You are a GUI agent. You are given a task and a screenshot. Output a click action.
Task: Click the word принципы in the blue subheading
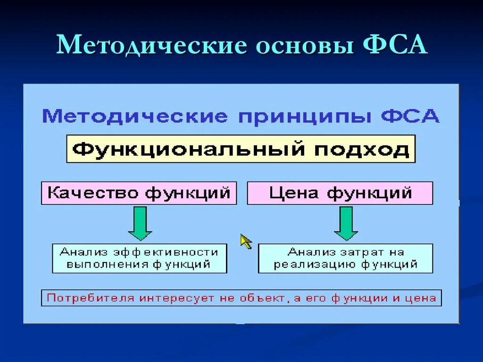(x=304, y=116)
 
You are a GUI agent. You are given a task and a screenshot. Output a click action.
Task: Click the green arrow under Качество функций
(x=140, y=223)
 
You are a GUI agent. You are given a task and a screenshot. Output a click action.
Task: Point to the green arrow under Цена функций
(x=346, y=223)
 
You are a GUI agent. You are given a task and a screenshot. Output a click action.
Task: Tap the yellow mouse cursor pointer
(x=246, y=241)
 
